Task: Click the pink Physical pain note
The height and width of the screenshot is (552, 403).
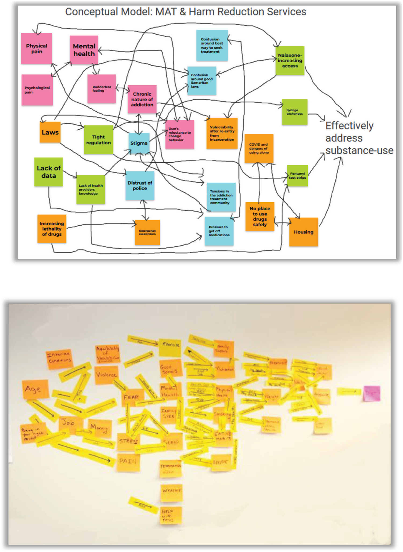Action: point(37,49)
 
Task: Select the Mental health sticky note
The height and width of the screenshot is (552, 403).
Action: point(84,50)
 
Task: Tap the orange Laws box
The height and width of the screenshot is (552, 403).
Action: point(50,132)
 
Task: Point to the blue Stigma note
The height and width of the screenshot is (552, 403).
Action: point(139,143)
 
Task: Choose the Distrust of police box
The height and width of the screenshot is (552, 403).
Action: point(140,185)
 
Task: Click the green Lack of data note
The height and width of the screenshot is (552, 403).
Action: point(49,172)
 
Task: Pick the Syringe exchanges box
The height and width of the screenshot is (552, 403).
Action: point(294,112)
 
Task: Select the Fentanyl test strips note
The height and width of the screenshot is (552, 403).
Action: point(297,176)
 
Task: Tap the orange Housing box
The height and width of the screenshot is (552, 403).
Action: point(304,232)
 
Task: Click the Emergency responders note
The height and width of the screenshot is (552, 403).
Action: point(147,232)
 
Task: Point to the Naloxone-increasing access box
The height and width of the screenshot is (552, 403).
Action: point(290,60)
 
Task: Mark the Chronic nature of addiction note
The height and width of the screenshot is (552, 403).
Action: point(142,99)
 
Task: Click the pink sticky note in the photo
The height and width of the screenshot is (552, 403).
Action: point(372,393)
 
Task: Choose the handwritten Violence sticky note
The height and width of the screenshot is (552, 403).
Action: point(106,375)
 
